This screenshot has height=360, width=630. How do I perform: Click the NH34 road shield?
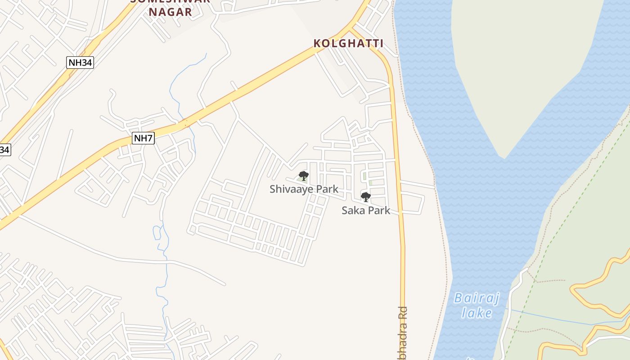(x=80, y=63)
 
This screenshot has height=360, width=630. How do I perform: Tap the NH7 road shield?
(x=144, y=138)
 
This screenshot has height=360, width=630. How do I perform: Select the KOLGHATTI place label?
(x=348, y=44)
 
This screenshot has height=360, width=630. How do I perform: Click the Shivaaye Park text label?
(x=304, y=189)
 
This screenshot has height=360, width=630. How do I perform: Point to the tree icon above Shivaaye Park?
(x=304, y=176)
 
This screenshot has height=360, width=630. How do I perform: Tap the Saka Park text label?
(x=366, y=210)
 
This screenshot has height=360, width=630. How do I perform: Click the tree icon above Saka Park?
(x=366, y=197)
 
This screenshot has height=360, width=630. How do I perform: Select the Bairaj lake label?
(x=473, y=305)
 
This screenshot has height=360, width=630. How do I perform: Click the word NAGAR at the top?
(x=171, y=12)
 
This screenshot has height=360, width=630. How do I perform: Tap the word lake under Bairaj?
(x=477, y=313)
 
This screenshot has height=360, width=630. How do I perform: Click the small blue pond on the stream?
(x=157, y=233)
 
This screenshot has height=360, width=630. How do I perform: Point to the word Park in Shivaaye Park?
(x=327, y=189)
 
